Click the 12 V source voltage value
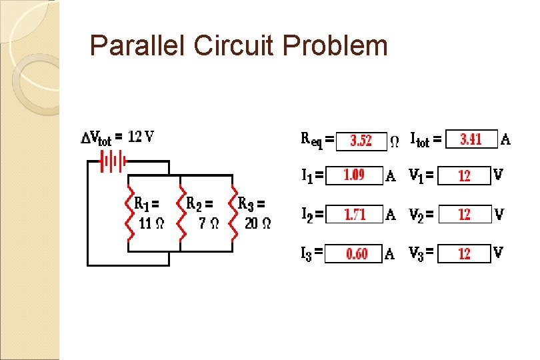pos(141,137)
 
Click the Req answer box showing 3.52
pos(361,141)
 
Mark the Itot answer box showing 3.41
pos(471,139)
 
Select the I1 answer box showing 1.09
pos(354,175)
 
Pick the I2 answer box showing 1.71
pos(355,215)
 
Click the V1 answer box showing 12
pos(465,175)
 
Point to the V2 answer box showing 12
pos(465,215)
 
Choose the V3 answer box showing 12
pos(465,254)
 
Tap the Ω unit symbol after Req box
pos(395,141)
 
